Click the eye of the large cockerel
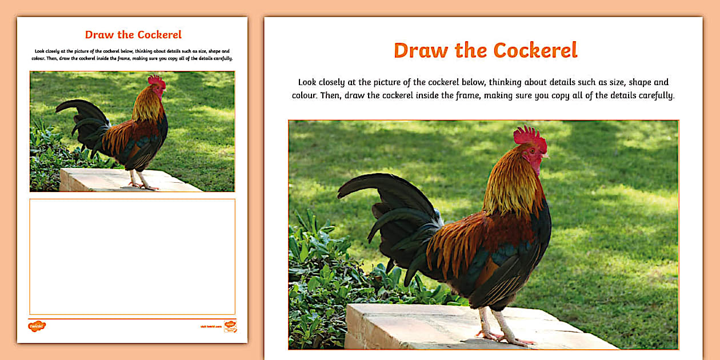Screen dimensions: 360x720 [x=537, y=150]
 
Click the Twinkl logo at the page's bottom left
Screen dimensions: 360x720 [x=37, y=326]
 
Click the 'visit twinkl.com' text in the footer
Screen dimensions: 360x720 [x=210, y=327]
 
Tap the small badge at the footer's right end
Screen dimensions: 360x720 [x=230, y=326]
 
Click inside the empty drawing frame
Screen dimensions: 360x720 [x=132, y=256]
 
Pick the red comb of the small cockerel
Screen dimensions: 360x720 [x=156, y=81]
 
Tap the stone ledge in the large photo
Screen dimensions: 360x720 [x=411, y=329]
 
